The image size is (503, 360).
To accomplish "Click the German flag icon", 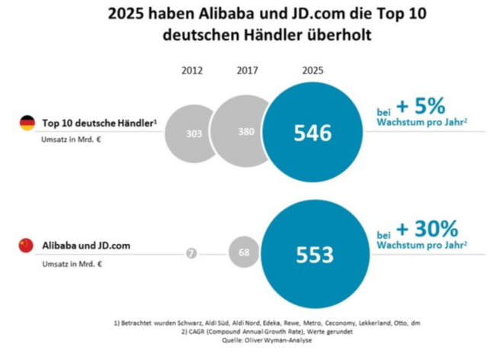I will click(27, 122).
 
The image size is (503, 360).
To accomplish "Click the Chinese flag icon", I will click(27, 245).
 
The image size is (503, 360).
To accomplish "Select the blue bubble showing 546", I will click(313, 133).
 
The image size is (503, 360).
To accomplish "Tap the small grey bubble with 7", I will click(191, 253).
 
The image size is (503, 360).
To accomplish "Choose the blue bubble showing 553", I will click(313, 253).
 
